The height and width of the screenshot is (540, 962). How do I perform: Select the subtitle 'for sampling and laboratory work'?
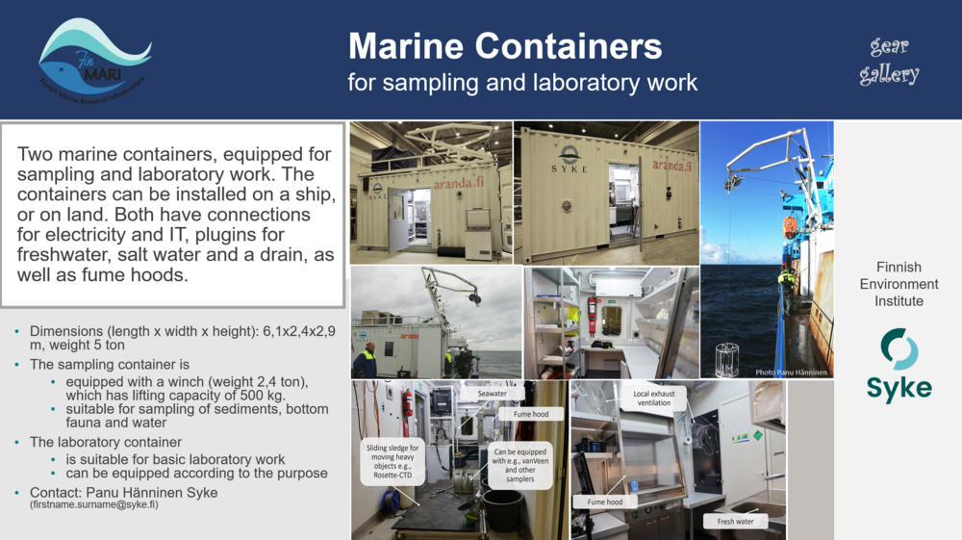point(522,83)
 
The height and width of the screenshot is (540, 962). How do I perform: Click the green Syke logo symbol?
point(899,348)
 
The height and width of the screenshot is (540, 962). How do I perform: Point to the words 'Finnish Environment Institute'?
point(899,284)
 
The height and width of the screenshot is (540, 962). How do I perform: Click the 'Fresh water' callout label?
point(736,522)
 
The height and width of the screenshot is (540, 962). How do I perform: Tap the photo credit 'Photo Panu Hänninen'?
point(793,372)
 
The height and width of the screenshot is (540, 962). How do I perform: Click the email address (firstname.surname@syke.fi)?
point(93,504)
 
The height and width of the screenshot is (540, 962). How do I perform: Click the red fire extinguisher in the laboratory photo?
point(592,314)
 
